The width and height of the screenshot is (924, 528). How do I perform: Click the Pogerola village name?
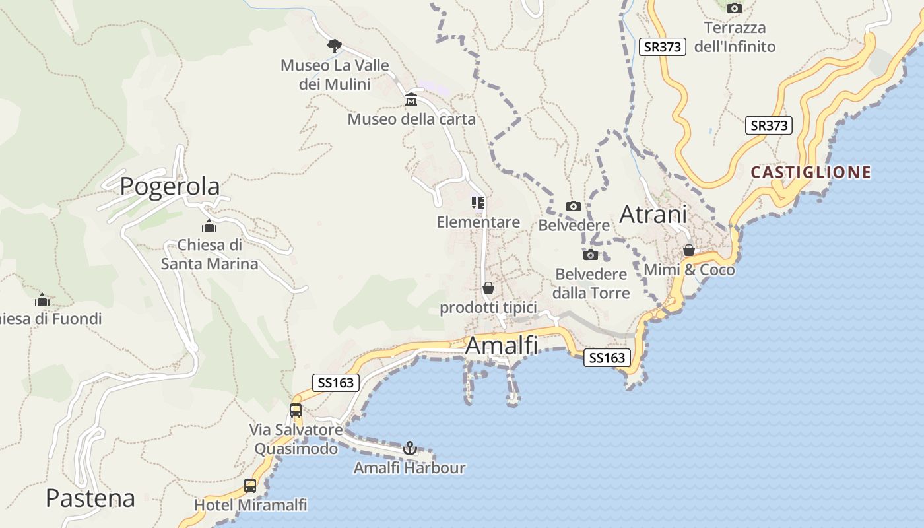pyautogui.click(x=170, y=187)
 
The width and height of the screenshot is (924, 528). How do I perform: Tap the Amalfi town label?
pyautogui.click(x=502, y=345)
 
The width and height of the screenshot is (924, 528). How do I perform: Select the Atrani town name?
pyautogui.click(x=653, y=214)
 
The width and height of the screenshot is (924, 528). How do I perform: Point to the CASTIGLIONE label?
pyautogui.click(x=811, y=172)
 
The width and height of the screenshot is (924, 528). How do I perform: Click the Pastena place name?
pyautogui.click(x=90, y=498)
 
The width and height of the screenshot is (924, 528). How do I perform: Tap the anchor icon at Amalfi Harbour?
pyautogui.click(x=410, y=449)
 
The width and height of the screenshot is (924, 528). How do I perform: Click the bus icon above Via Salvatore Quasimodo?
pyautogui.click(x=296, y=411)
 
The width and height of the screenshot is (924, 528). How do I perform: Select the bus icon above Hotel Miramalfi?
pyautogui.click(x=250, y=486)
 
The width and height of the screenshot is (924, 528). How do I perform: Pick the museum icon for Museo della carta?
pyautogui.click(x=411, y=100)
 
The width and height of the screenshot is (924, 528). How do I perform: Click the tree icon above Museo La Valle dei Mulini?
pyautogui.click(x=335, y=46)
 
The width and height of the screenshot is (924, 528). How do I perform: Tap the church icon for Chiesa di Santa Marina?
pyautogui.click(x=210, y=226)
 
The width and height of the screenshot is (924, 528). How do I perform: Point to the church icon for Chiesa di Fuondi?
pyautogui.click(x=42, y=300)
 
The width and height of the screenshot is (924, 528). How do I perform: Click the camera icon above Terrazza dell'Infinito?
pyautogui.click(x=734, y=9)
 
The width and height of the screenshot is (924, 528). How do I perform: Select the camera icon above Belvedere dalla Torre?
pyautogui.click(x=591, y=255)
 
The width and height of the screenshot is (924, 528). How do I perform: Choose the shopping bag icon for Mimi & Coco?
pyautogui.click(x=689, y=251)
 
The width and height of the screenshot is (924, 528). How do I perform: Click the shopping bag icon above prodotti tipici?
pyautogui.click(x=488, y=288)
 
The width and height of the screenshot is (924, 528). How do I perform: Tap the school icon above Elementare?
pyautogui.click(x=478, y=203)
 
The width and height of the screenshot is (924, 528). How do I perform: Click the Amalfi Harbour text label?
pyautogui.click(x=409, y=468)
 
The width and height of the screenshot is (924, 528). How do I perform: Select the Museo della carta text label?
pyautogui.click(x=411, y=119)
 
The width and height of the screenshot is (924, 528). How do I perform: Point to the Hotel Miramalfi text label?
pyautogui.click(x=250, y=505)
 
